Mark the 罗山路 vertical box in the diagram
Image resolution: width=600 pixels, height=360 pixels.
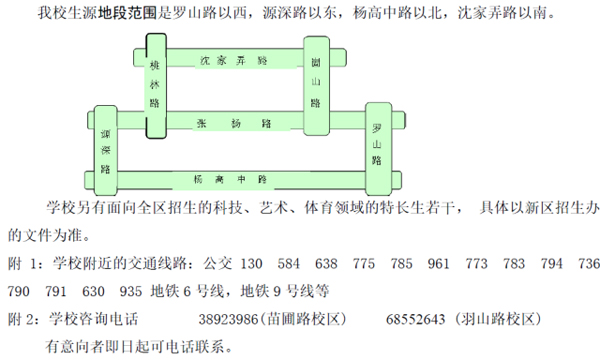point(377,145)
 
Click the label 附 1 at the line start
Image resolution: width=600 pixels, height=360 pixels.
point(23,264)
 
